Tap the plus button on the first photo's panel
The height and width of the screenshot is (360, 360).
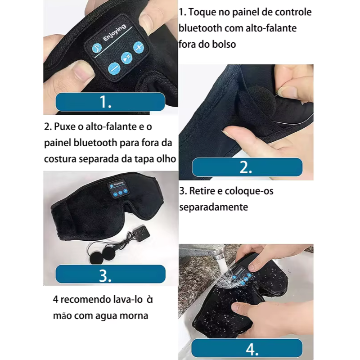pyautogui.click(x=139, y=47)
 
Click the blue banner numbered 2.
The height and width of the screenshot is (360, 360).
pyautogui.click(x=247, y=167)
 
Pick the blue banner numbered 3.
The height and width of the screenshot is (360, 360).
pyautogui.click(x=110, y=274)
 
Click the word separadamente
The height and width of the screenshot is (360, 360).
pyautogui.click(x=214, y=207)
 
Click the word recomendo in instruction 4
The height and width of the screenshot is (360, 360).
pyautogui.click(x=81, y=300)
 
